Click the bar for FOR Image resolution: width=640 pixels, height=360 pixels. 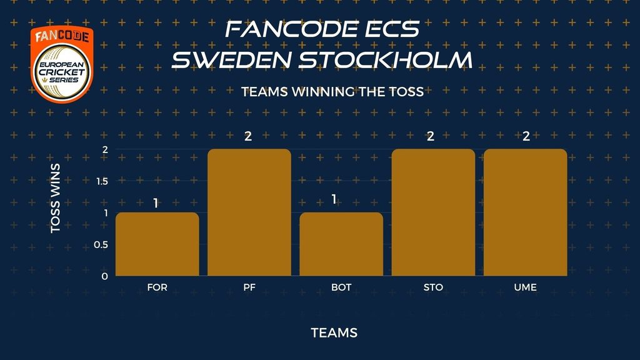[157, 244]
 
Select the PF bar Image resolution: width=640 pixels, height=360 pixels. [249, 212]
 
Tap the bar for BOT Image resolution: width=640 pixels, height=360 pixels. [341, 244]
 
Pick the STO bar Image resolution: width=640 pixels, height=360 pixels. [434, 212]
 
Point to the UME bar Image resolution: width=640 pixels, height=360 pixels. [525, 212]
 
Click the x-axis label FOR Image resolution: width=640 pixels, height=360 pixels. [157, 287]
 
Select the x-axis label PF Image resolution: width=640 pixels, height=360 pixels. [249, 287]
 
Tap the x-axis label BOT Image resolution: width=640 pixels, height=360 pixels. [341, 287]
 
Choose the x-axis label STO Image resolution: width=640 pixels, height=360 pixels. [434, 287]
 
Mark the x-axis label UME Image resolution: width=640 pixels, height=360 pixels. [525, 287]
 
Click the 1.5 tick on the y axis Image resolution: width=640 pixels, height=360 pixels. [102, 181]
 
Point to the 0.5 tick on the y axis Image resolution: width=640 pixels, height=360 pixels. [101, 244]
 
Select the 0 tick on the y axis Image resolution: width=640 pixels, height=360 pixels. [105, 276]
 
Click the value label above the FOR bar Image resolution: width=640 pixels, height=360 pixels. [156, 203]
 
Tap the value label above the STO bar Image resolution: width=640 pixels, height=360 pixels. [431, 136]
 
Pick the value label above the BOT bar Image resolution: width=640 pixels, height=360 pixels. [334, 199]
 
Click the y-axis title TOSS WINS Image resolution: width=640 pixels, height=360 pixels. [56, 198]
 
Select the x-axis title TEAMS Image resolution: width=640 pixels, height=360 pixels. [334, 333]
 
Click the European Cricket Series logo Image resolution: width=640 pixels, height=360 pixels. [62, 64]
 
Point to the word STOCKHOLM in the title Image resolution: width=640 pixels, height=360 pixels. [386, 59]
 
